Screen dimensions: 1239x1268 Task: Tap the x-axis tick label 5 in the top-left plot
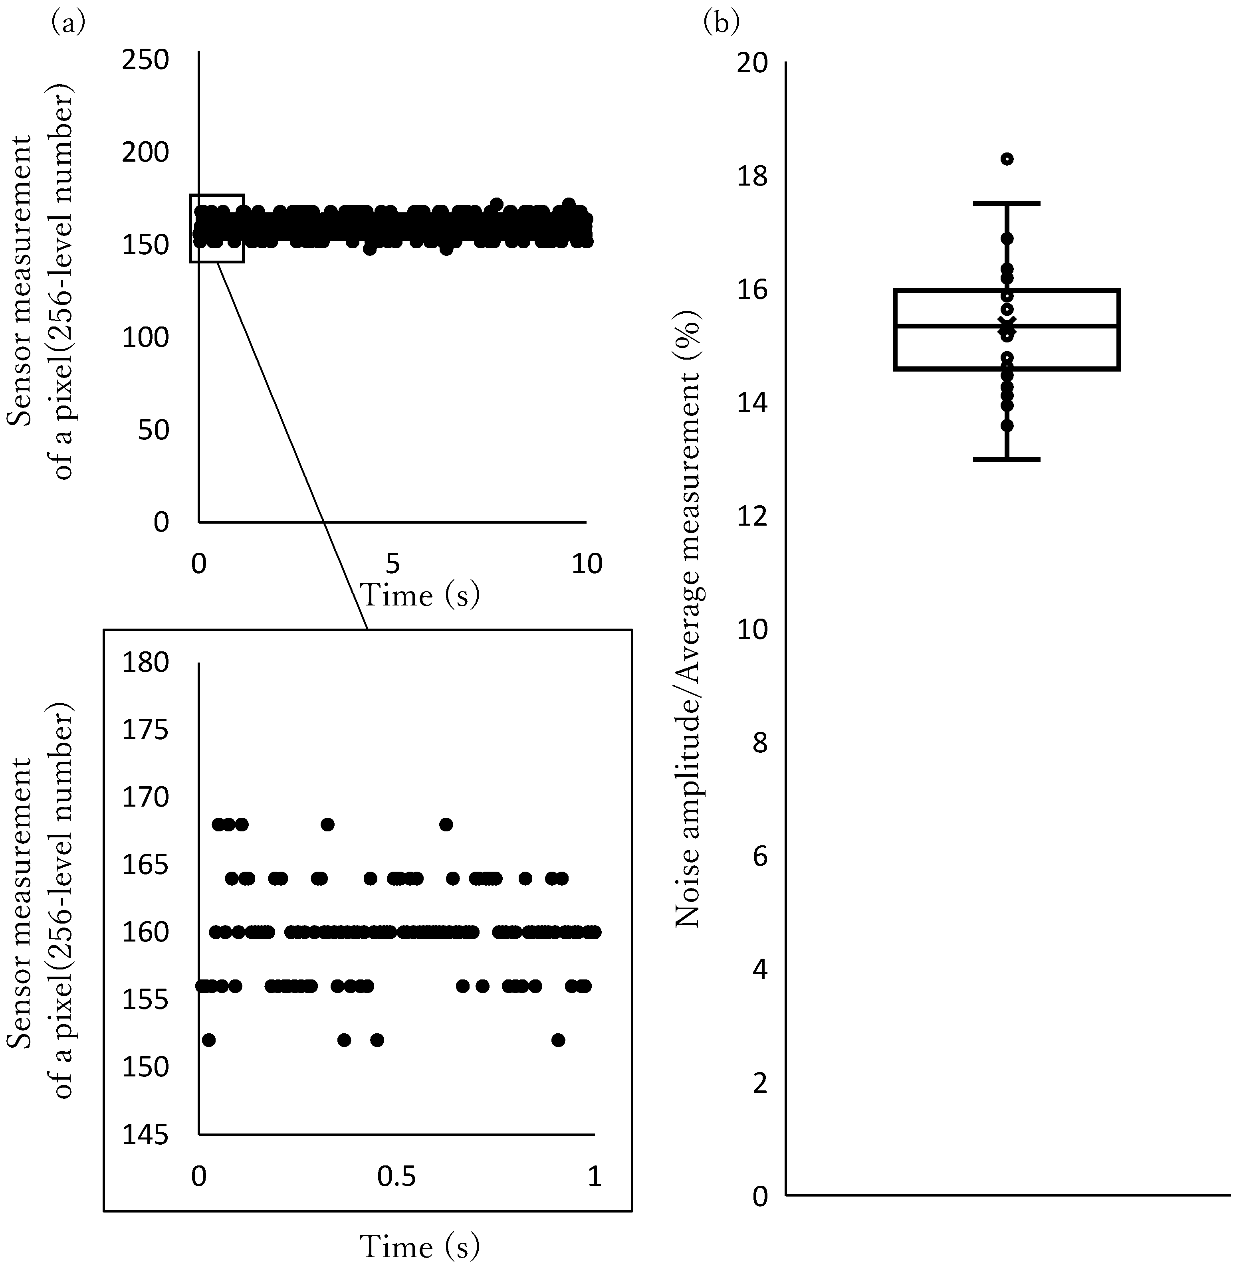393,564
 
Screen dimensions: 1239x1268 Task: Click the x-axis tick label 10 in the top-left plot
587,564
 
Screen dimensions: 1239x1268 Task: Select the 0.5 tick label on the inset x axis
398,1176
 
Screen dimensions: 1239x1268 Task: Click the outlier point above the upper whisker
1007,159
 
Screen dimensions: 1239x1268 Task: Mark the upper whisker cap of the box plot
1007,204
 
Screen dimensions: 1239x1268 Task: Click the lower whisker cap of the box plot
1007,459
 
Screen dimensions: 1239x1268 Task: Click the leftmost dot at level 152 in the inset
208,1040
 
